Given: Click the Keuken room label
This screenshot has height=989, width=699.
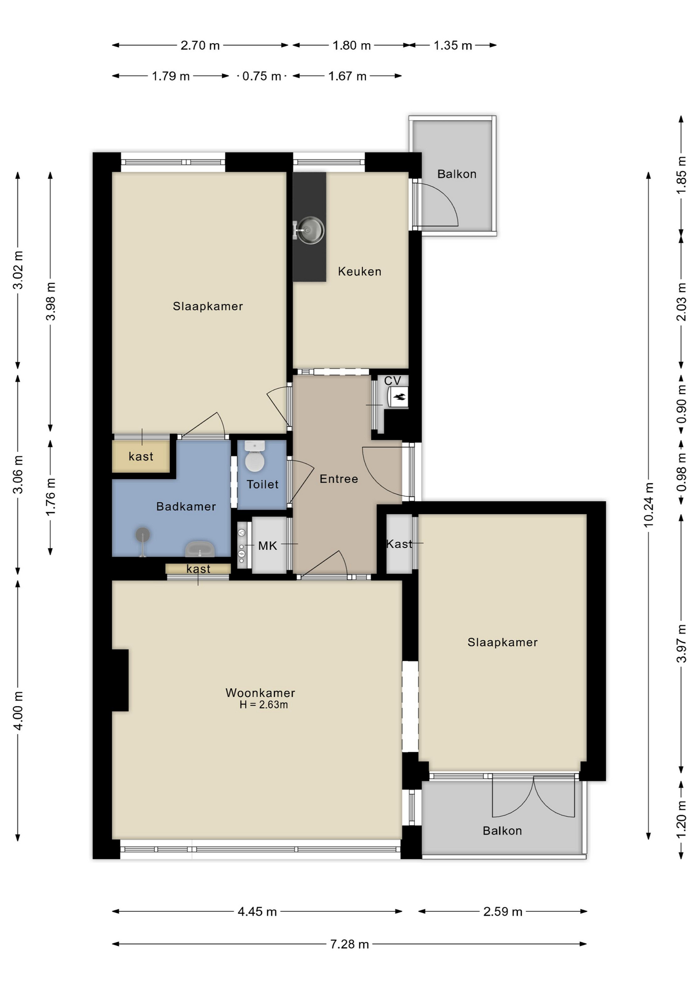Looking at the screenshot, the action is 359,271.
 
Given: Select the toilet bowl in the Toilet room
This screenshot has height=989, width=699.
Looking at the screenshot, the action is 254,456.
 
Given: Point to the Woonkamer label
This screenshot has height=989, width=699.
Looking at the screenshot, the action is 260,693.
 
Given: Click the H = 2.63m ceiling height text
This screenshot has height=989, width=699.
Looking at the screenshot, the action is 264,705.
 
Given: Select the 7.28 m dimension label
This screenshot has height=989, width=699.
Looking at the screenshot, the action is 349,944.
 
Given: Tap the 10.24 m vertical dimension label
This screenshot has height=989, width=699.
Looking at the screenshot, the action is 649,505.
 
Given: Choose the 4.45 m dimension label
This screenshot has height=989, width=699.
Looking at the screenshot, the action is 257,912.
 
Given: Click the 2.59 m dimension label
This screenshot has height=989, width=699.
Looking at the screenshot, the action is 503,912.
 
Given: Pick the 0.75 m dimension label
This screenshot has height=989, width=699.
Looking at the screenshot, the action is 261,76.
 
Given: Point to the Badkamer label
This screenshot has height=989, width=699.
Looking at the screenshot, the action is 186,506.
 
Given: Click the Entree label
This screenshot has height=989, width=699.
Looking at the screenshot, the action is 339,479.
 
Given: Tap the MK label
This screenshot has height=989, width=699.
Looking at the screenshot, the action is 268,546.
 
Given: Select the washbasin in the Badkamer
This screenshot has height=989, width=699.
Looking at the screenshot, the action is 200,549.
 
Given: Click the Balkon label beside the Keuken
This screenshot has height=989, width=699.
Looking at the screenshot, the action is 457,174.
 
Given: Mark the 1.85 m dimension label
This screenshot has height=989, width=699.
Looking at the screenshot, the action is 681,175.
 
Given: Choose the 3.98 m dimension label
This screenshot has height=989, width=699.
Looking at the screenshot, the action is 50,301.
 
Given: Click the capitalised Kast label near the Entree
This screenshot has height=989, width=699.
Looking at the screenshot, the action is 399,544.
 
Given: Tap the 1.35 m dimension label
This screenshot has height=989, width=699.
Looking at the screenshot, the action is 452,45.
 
